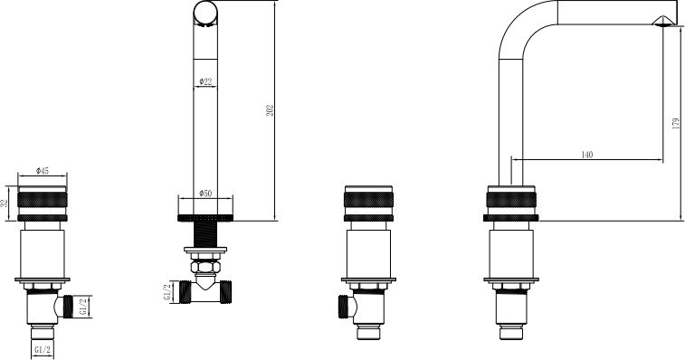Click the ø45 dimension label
42,171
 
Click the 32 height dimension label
4,204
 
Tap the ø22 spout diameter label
205,81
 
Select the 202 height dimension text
270,110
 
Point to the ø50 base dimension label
205,193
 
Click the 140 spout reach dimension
587,155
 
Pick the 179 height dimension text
675,123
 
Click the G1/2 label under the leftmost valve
43,350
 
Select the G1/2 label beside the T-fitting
167,292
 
